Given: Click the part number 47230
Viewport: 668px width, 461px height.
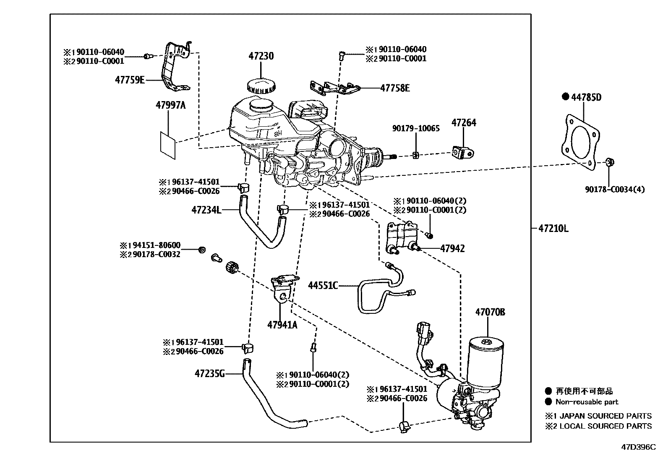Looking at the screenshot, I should coord(261,56).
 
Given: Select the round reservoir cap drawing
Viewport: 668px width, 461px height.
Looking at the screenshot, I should coord(261,86).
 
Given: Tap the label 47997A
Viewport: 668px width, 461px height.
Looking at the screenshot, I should coord(170,105).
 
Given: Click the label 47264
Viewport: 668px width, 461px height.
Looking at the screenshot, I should coord(464,123).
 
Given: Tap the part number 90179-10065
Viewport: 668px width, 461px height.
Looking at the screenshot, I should coord(416,128).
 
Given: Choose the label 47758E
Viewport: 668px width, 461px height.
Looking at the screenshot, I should coord(395,88).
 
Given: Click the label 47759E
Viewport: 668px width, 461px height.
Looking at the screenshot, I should coord(130,80).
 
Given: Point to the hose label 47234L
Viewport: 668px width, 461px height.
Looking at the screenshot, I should coord(206,210).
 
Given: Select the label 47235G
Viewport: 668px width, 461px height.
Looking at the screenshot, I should coord(210,373).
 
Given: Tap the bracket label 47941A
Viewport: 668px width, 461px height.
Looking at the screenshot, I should coord(282,324).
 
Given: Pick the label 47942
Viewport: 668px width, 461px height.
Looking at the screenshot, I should coord(452,248).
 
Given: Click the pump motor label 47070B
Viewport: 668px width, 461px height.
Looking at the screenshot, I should coord(490,312).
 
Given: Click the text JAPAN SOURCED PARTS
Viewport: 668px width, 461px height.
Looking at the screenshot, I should coord(604,416).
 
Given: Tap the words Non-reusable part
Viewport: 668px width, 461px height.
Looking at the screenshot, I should coord(587,402).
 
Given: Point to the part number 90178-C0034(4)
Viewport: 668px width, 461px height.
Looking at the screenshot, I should coord(615,189).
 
